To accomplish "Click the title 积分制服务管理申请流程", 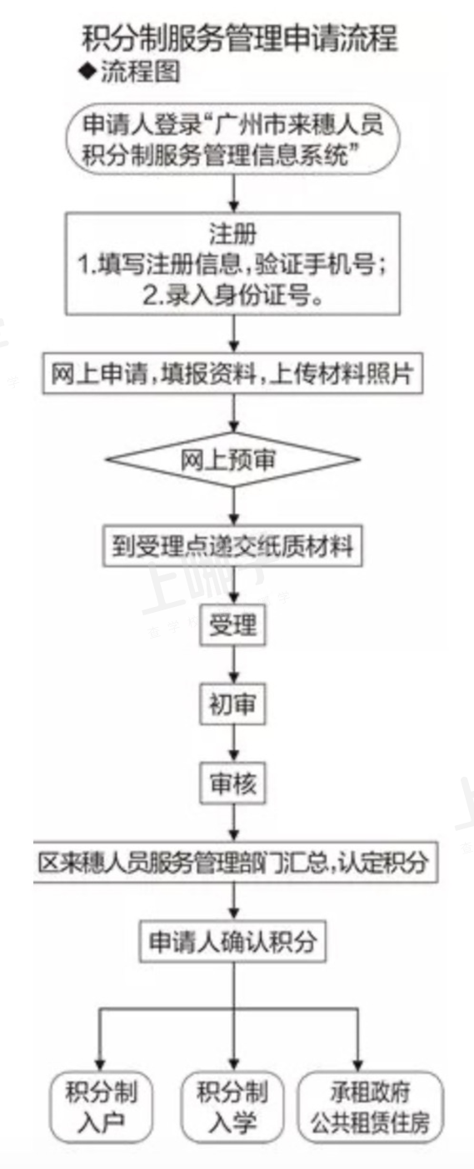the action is point(240,38).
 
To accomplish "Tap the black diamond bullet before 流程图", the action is point(88,72).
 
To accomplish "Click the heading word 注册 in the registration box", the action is point(232,234).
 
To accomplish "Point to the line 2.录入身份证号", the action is point(232,296).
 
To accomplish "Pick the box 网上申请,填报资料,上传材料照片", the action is point(232,374).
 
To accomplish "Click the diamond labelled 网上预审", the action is point(232,460).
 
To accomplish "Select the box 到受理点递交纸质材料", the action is point(232,546).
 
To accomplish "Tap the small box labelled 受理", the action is point(232,624).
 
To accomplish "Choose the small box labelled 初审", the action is point(232,704).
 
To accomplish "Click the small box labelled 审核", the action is point(232,783).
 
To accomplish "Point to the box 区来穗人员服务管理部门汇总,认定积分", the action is point(235,863).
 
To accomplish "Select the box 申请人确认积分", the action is point(232,942).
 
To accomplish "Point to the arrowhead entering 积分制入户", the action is point(100,1066).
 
